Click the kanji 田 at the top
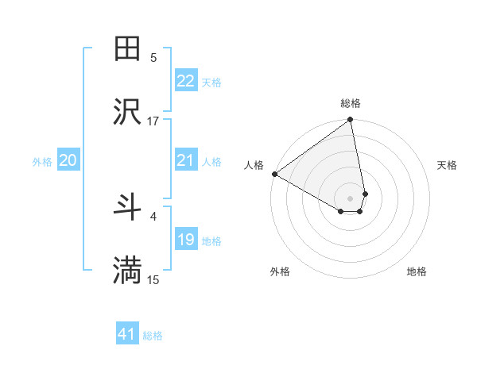[x=128, y=49]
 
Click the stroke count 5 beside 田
[x=153, y=57]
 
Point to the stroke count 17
[x=153, y=121]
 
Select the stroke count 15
[x=153, y=279]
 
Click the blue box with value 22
[x=186, y=81]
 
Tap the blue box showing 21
[x=186, y=160]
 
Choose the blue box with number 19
[x=186, y=240]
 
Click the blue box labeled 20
[x=68, y=160]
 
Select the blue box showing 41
[x=127, y=334]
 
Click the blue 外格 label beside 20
[x=42, y=162]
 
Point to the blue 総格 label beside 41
[x=153, y=336]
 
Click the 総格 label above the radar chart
[x=351, y=103]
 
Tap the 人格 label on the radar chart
[x=254, y=164]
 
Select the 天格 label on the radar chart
[x=448, y=165]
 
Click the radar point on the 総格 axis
[x=351, y=120]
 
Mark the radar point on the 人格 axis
[x=274, y=174]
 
